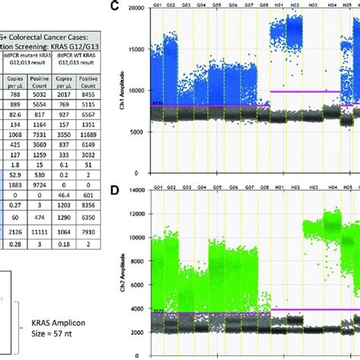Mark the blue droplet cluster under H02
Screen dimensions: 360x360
(x=292, y=29)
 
